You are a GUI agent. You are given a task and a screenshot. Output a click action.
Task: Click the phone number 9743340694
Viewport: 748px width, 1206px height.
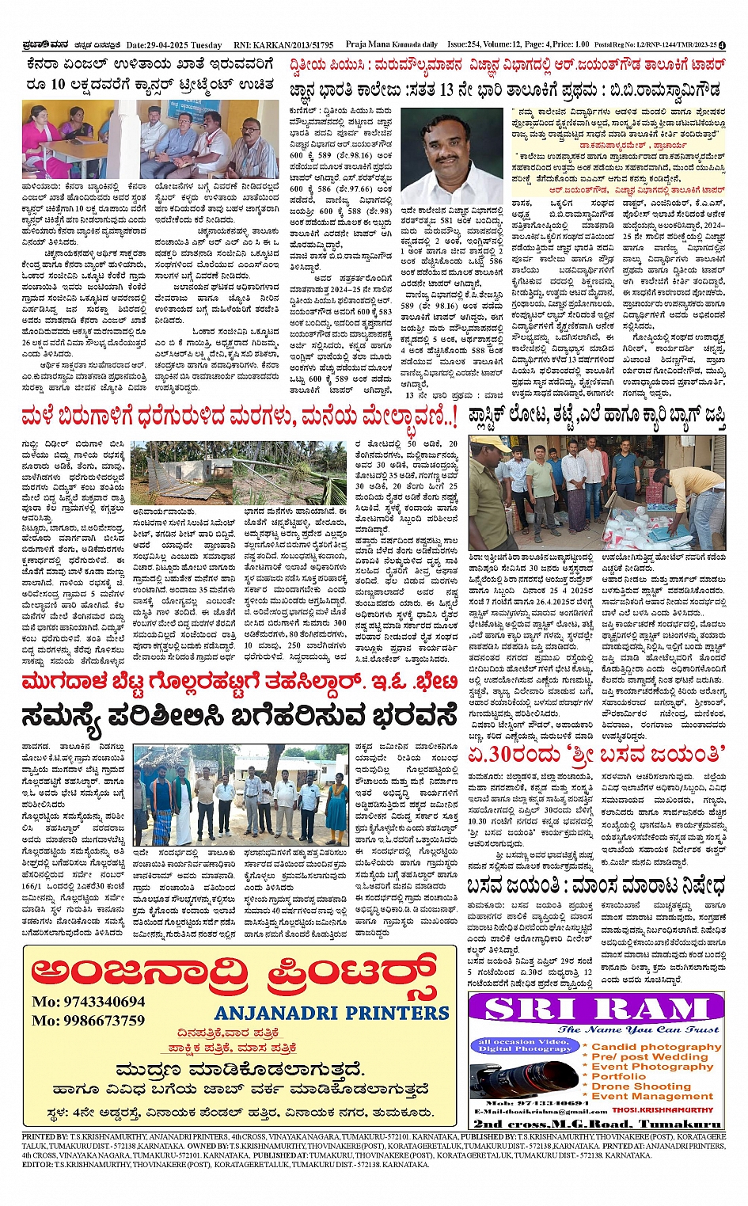[89, 1002]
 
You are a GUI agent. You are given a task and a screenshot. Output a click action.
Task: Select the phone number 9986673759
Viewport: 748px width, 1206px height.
[89, 1021]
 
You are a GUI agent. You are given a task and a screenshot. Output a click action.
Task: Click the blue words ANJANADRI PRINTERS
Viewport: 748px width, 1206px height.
[332, 1013]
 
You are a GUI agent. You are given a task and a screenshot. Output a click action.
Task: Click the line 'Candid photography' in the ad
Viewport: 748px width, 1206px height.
[656, 1046]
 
